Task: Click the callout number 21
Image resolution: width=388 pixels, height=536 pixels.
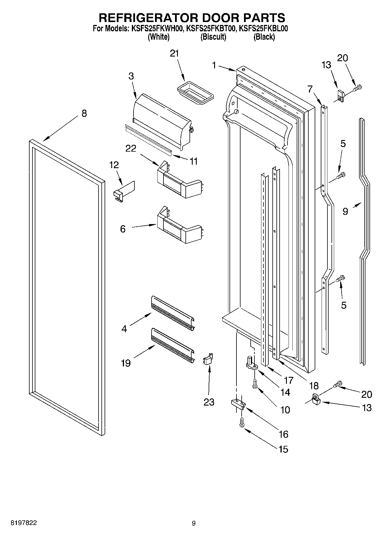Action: (174, 54)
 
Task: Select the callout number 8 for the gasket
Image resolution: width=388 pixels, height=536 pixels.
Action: (84, 113)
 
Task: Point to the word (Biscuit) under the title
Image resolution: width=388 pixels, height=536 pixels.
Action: (213, 37)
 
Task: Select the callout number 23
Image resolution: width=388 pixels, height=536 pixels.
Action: (209, 402)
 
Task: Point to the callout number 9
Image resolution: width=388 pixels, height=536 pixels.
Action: (345, 211)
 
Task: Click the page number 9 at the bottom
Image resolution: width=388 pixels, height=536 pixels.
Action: (194, 523)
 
